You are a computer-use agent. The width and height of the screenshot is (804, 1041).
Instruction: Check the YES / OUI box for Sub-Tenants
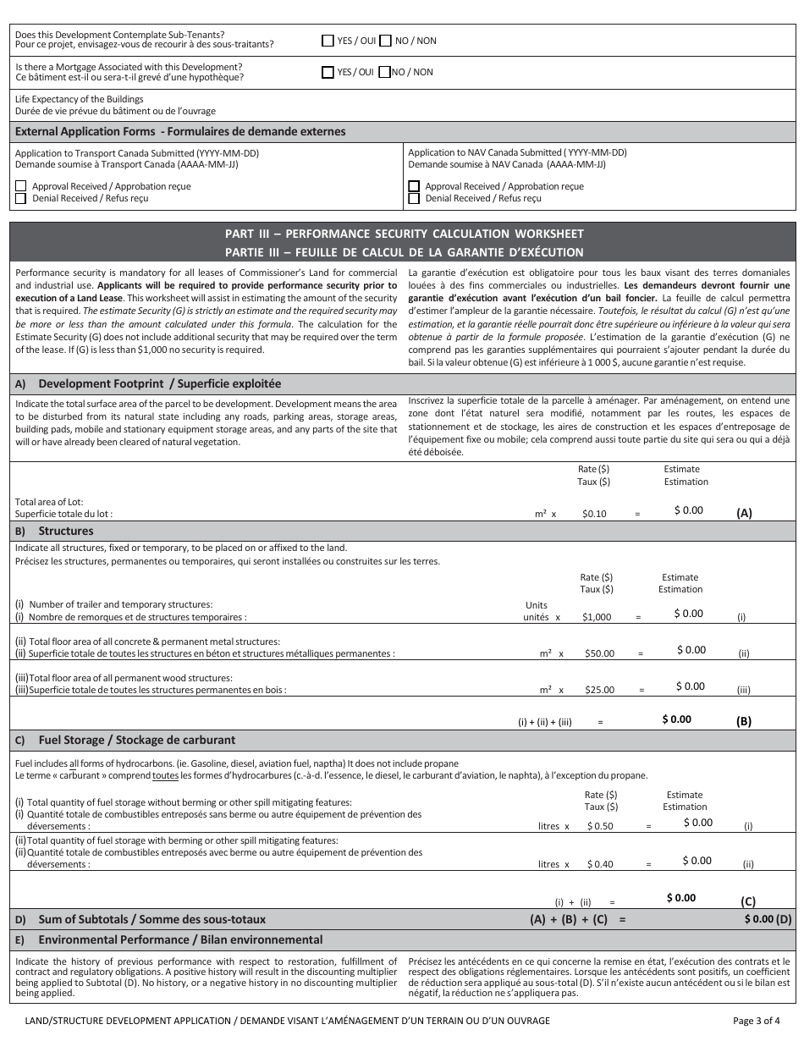pyautogui.click(x=328, y=41)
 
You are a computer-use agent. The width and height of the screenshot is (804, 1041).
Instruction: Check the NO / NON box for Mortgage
pyautogui.click(x=384, y=72)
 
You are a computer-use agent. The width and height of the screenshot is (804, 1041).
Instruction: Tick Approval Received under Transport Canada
pyautogui.click(x=21, y=186)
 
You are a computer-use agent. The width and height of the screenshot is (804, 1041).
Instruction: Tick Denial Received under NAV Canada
pyautogui.click(x=414, y=198)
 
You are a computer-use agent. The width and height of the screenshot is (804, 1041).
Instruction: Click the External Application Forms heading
pyautogui.click(x=180, y=132)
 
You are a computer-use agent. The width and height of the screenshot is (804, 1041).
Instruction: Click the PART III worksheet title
pyautogui.click(x=404, y=234)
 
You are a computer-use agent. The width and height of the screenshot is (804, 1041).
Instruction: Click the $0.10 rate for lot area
pyautogui.click(x=594, y=514)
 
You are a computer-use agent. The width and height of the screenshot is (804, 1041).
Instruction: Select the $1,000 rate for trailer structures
pyautogui.click(x=597, y=617)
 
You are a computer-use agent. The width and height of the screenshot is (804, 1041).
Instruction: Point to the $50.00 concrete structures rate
pyautogui.click(x=599, y=653)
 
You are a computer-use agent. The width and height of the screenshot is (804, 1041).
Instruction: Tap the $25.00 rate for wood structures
pyautogui.click(x=599, y=690)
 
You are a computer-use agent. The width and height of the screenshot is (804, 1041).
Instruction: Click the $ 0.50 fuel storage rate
pyautogui.click(x=600, y=826)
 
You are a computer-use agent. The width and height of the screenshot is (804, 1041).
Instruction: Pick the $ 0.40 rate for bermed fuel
pyautogui.click(x=600, y=864)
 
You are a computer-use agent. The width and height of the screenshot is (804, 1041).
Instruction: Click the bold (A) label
pyautogui.click(x=744, y=513)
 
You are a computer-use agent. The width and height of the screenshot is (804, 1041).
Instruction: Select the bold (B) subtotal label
pyautogui.click(x=744, y=722)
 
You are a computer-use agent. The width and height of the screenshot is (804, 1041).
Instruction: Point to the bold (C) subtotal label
pyautogui.click(x=748, y=901)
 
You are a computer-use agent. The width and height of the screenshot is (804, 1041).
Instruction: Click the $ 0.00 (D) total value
pyautogui.click(x=768, y=919)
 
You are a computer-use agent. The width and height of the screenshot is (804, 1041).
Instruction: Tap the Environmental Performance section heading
pyautogui.click(x=180, y=939)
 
